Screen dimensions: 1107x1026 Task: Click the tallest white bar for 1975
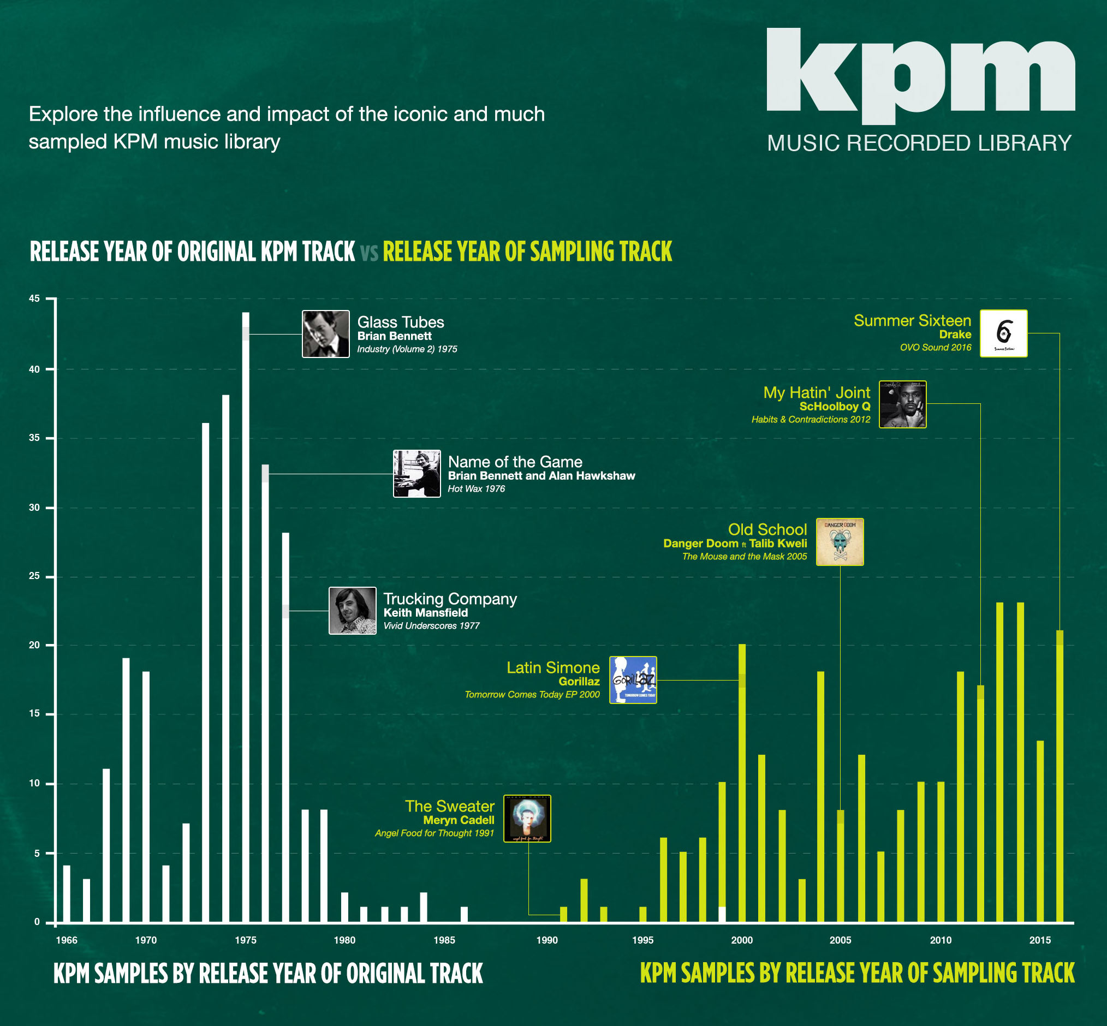(246, 617)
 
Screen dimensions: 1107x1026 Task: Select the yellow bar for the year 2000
(742, 783)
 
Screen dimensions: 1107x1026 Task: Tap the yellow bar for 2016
(1060, 776)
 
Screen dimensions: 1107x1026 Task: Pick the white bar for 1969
(126, 790)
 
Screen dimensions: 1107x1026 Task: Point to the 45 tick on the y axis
(34, 299)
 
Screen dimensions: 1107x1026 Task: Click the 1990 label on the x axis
(547, 940)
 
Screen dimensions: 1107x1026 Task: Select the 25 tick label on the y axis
(34, 576)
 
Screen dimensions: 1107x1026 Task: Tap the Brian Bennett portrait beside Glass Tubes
(326, 333)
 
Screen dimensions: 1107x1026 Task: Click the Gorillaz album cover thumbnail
(633, 679)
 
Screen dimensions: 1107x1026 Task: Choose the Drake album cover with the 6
(1004, 333)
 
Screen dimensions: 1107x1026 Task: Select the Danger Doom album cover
(840, 542)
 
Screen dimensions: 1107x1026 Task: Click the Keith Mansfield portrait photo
(353, 610)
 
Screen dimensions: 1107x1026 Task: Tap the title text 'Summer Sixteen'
(912, 320)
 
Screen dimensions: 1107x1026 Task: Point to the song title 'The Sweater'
(450, 806)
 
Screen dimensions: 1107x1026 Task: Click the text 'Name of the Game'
(515, 462)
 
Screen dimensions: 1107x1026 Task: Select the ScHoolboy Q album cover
(903, 404)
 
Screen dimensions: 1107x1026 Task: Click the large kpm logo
(921, 76)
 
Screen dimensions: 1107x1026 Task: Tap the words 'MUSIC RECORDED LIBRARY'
(919, 143)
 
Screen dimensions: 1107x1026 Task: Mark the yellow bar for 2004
(820, 797)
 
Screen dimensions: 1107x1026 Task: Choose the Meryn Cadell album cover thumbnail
(527, 819)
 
